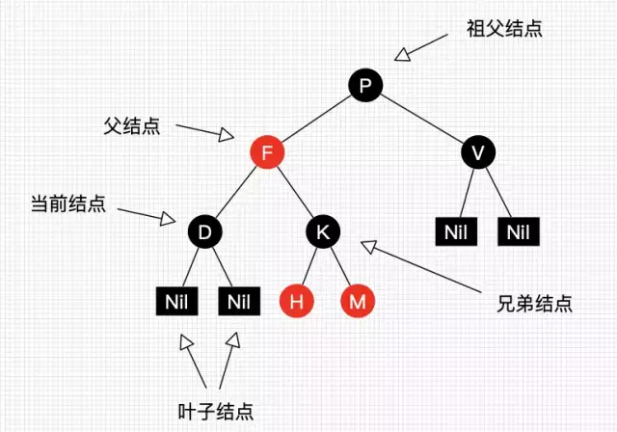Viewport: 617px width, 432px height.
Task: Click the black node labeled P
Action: (x=364, y=88)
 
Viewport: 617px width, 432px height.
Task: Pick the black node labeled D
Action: (x=203, y=231)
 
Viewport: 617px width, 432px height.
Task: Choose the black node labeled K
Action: (x=323, y=231)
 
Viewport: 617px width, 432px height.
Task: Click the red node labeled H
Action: (x=297, y=301)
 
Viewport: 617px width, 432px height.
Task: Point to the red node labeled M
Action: (x=358, y=301)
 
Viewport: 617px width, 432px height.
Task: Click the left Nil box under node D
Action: (x=175, y=302)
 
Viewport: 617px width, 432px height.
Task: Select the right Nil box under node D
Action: (x=238, y=302)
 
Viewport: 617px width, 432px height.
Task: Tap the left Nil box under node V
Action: (x=455, y=231)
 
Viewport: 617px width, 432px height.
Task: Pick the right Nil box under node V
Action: (x=518, y=231)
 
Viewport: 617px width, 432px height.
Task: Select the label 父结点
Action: (x=132, y=126)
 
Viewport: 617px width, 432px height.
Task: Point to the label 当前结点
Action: (x=67, y=204)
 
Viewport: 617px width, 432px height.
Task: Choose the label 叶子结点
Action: (x=215, y=411)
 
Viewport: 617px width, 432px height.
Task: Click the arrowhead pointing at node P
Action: (x=404, y=56)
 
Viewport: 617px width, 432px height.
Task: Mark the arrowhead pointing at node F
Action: (x=227, y=136)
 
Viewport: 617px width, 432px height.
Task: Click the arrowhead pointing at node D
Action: (x=169, y=217)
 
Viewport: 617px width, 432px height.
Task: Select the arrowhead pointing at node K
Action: (x=369, y=248)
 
